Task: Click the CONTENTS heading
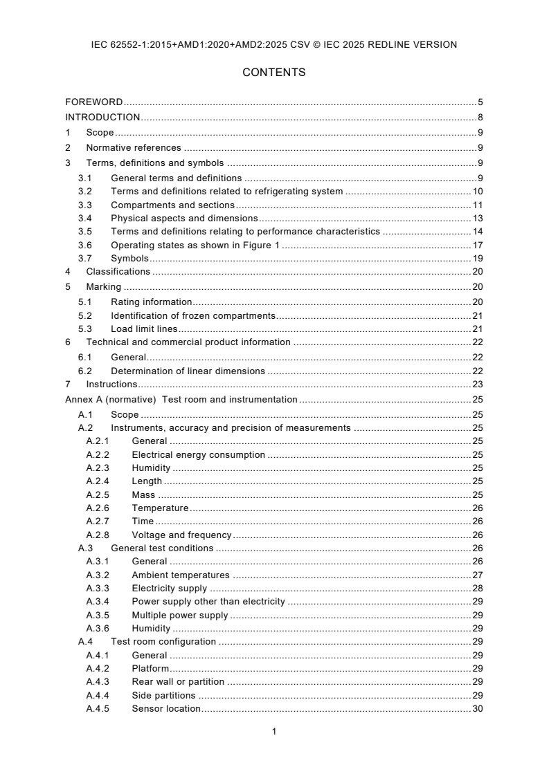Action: click(x=274, y=72)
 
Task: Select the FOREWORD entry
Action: click(x=94, y=102)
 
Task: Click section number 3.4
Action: click(x=84, y=218)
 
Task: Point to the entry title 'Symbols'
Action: click(x=129, y=258)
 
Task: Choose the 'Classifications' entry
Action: click(x=118, y=272)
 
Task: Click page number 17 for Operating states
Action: click(x=477, y=245)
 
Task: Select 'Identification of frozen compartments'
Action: click(x=193, y=315)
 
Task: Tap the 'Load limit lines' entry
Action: click(x=144, y=329)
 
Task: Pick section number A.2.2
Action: click(x=98, y=454)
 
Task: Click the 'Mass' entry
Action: click(x=143, y=495)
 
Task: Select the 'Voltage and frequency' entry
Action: click(x=181, y=535)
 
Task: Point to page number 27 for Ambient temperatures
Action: click(x=477, y=575)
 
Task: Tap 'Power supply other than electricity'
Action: click(x=208, y=602)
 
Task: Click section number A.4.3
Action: click(x=98, y=681)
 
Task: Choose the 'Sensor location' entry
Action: click(x=166, y=708)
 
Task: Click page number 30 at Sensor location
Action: click(x=477, y=708)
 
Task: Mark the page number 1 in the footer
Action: click(x=274, y=731)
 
